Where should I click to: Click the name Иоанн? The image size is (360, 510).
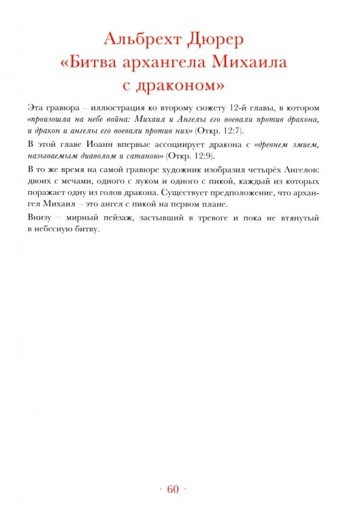click(x=94, y=145)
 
